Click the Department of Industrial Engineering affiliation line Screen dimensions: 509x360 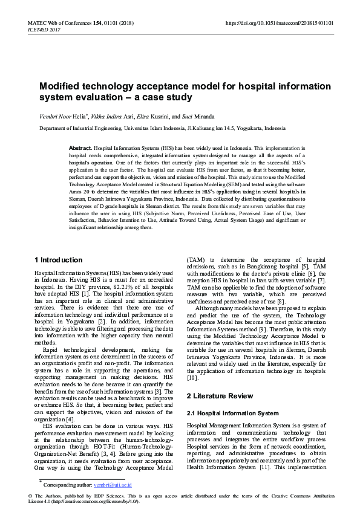tap(162, 128)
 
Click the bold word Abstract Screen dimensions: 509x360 tap(80, 148)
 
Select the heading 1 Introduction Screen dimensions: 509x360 tap(58, 260)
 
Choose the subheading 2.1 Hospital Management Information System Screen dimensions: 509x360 tap(232, 413)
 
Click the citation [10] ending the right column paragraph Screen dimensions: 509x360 tap(192, 378)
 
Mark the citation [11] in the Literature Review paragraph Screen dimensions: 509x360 tap(265, 467)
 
